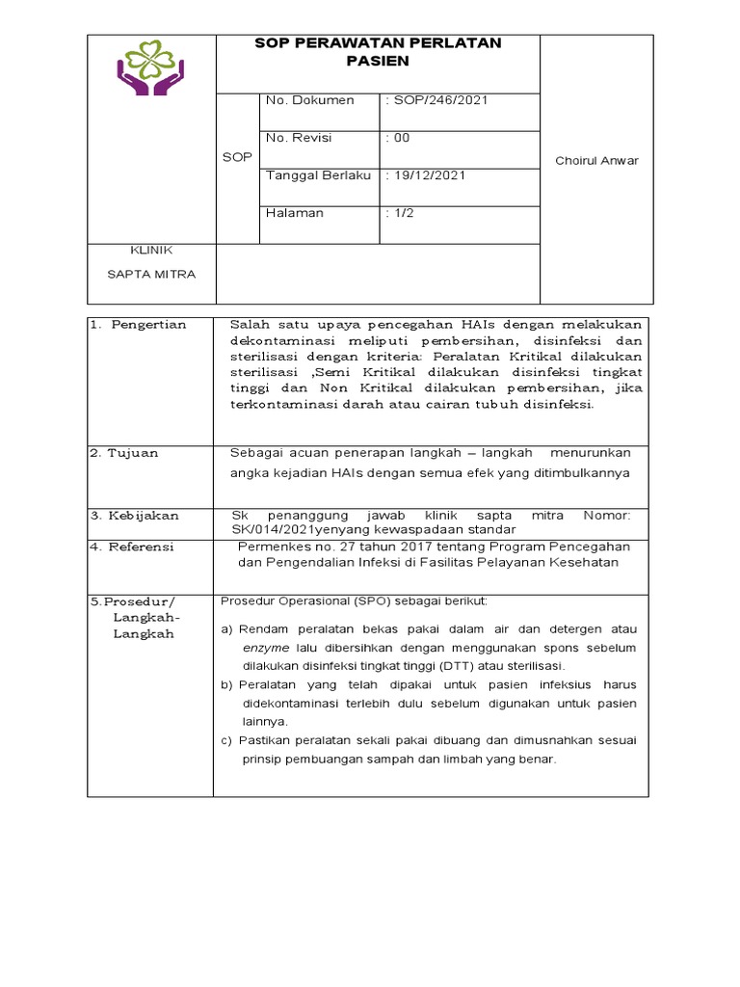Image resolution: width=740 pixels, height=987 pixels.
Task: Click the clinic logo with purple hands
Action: (x=151, y=67)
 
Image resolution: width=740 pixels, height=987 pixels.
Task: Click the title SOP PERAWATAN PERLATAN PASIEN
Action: (x=378, y=52)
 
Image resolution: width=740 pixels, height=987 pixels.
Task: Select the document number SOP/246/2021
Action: (x=425, y=100)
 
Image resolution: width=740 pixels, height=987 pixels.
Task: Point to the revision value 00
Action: (x=398, y=138)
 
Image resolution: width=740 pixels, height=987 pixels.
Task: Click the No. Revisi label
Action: (x=299, y=138)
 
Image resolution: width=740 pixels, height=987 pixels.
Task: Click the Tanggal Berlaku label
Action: (x=318, y=175)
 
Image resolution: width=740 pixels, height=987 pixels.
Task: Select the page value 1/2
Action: (x=399, y=213)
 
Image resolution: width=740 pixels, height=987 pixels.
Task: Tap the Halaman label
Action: (x=295, y=213)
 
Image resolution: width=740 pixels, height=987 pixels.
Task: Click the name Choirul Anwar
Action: (x=596, y=161)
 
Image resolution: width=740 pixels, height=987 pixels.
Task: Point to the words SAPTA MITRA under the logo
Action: (x=151, y=274)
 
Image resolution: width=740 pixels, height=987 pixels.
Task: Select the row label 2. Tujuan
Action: (x=124, y=453)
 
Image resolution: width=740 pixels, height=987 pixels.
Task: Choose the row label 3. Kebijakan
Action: (x=134, y=516)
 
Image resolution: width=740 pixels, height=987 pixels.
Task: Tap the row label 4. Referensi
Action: (x=132, y=547)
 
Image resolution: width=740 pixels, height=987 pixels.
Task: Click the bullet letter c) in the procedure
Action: (x=227, y=740)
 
